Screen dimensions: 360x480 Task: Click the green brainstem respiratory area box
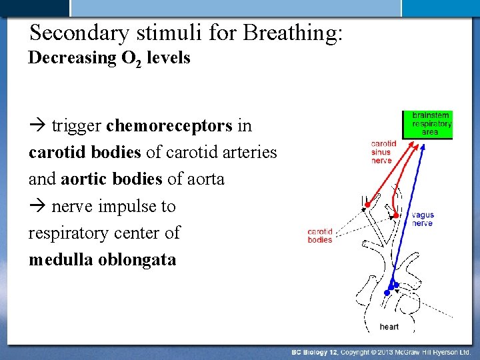pos(427,125)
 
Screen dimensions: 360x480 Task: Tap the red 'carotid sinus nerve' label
pos(384,152)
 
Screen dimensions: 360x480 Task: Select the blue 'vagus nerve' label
pos(422,219)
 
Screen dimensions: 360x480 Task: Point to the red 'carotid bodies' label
pos(320,236)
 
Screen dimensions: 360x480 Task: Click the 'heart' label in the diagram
pos(389,327)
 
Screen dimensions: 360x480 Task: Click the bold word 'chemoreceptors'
pos(169,125)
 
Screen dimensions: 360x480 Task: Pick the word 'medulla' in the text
pos(61,260)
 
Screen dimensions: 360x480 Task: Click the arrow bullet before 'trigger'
pos(37,126)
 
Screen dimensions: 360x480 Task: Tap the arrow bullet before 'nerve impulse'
pos(37,207)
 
